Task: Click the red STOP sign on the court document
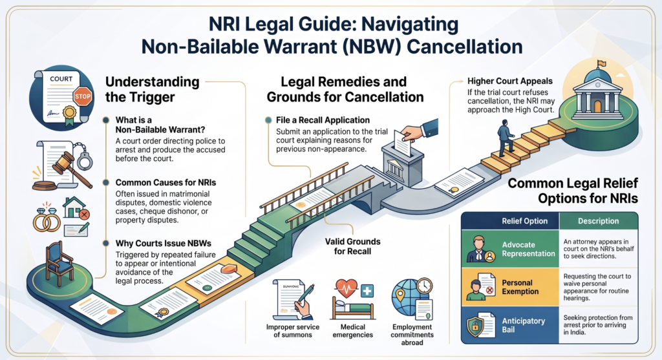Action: point(82,96)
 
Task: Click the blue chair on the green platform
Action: point(59,264)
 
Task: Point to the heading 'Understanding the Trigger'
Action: point(152,89)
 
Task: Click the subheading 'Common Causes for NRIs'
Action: point(165,183)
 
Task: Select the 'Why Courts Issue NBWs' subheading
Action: point(164,244)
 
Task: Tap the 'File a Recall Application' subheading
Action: point(323,120)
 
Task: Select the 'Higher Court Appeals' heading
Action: point(509,81)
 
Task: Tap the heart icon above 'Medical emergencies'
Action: point(347,289)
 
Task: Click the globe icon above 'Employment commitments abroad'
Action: point(405,295)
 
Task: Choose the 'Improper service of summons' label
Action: point(293,331)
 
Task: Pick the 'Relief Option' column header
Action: point(524,221)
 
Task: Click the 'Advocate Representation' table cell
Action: point(510,249)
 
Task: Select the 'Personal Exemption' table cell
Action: point(510,287)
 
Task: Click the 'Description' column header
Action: point(598,221)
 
